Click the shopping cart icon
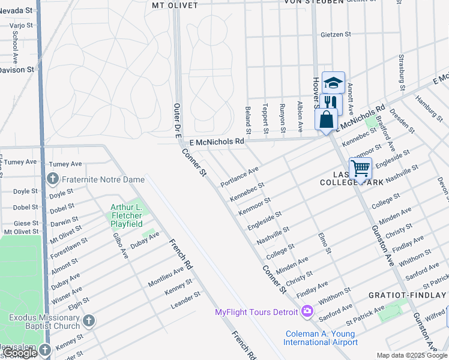[x=360, y=169]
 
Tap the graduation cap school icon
[x=333, y=83]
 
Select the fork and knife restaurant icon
[x=330, y=102]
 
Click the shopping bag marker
[x=326, y=119]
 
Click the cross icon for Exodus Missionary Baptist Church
[x=89, y=321]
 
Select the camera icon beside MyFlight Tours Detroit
[x=307, y=311]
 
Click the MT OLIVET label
[x=175, y=5]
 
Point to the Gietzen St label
[x=336, y=35]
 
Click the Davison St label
[x=17, y=70]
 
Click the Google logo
[x=20, y=353]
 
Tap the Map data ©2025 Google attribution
[x=411, y=355]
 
